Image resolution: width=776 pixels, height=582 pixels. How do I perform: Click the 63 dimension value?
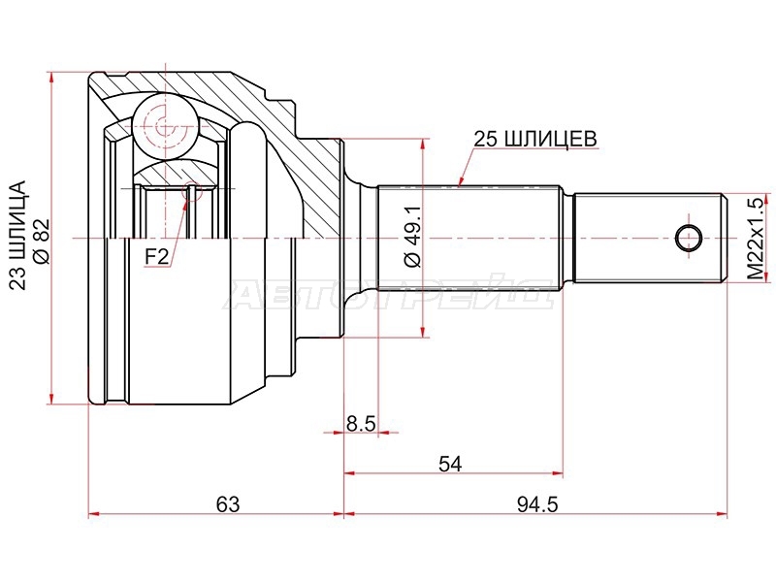point(228,505)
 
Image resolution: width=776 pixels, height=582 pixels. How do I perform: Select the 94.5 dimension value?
point(537,505)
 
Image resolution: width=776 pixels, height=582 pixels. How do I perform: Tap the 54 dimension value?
point(450,465)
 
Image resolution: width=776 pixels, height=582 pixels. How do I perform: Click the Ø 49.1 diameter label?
point(413,237)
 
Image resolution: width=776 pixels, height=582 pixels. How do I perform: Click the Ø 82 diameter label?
point(41,242)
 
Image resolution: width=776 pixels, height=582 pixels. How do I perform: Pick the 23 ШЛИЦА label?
point(17,235)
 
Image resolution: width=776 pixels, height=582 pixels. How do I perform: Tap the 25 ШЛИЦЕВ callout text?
point(535,139)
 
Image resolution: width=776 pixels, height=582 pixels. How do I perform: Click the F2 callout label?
point(157,257)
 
